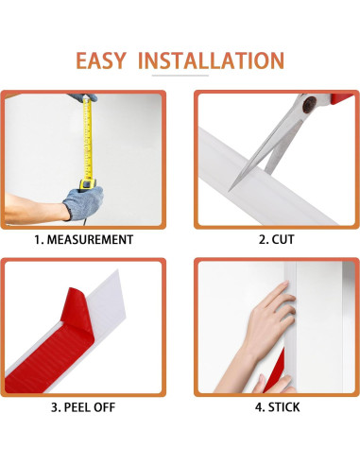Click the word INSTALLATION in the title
point(210,61)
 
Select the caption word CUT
point(283,240)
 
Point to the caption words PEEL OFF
point(90,408)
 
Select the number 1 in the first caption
point(38,240)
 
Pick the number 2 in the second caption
point(263,240)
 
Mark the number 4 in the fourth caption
point(259,408)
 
